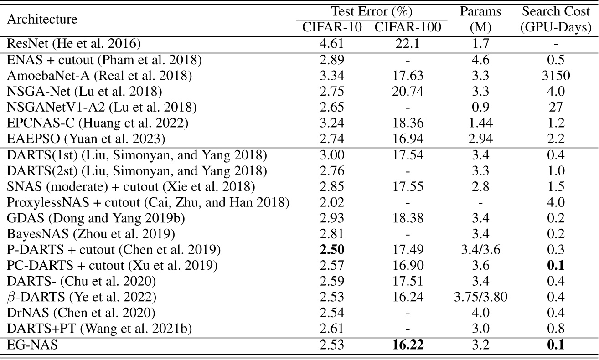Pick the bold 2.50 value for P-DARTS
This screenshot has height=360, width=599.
[x=332, y=250]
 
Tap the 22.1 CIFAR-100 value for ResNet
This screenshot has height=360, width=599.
[x=408, y=44]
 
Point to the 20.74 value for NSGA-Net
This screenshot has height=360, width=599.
[x=408, y=91]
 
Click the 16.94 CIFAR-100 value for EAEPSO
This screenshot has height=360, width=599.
[x=408, y=139]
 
